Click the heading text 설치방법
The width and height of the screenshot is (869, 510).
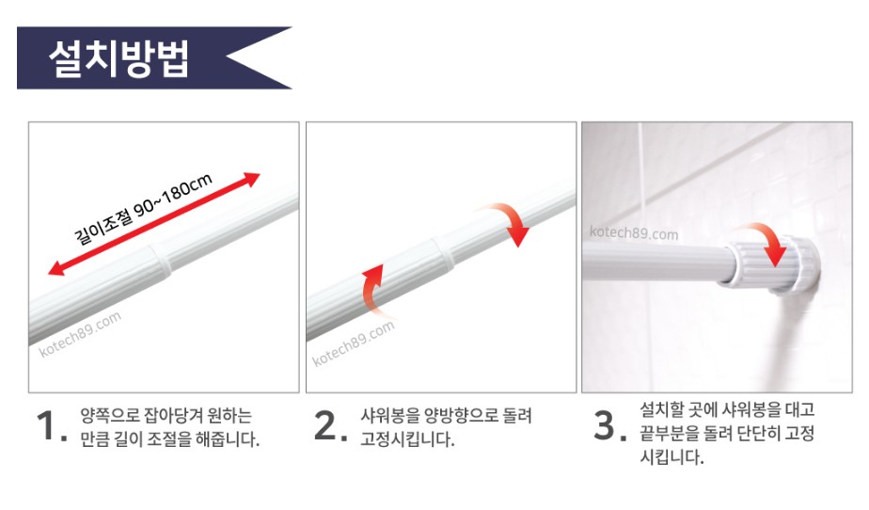tap(119, 57)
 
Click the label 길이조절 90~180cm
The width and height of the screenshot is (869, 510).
tap(143, 209)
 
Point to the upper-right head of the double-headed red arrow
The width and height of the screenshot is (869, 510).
tap(253, 179)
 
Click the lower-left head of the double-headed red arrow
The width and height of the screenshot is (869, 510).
tap(55, 268)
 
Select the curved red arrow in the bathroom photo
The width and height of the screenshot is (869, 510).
tap(767, 240)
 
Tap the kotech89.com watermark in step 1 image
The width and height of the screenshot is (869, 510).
tap(80, 334)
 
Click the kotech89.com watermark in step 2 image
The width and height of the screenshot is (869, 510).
tap(354, 343)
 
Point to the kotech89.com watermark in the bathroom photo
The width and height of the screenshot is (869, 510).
tap(634, 232)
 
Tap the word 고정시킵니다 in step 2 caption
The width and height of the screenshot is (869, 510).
tap(407, 439)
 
